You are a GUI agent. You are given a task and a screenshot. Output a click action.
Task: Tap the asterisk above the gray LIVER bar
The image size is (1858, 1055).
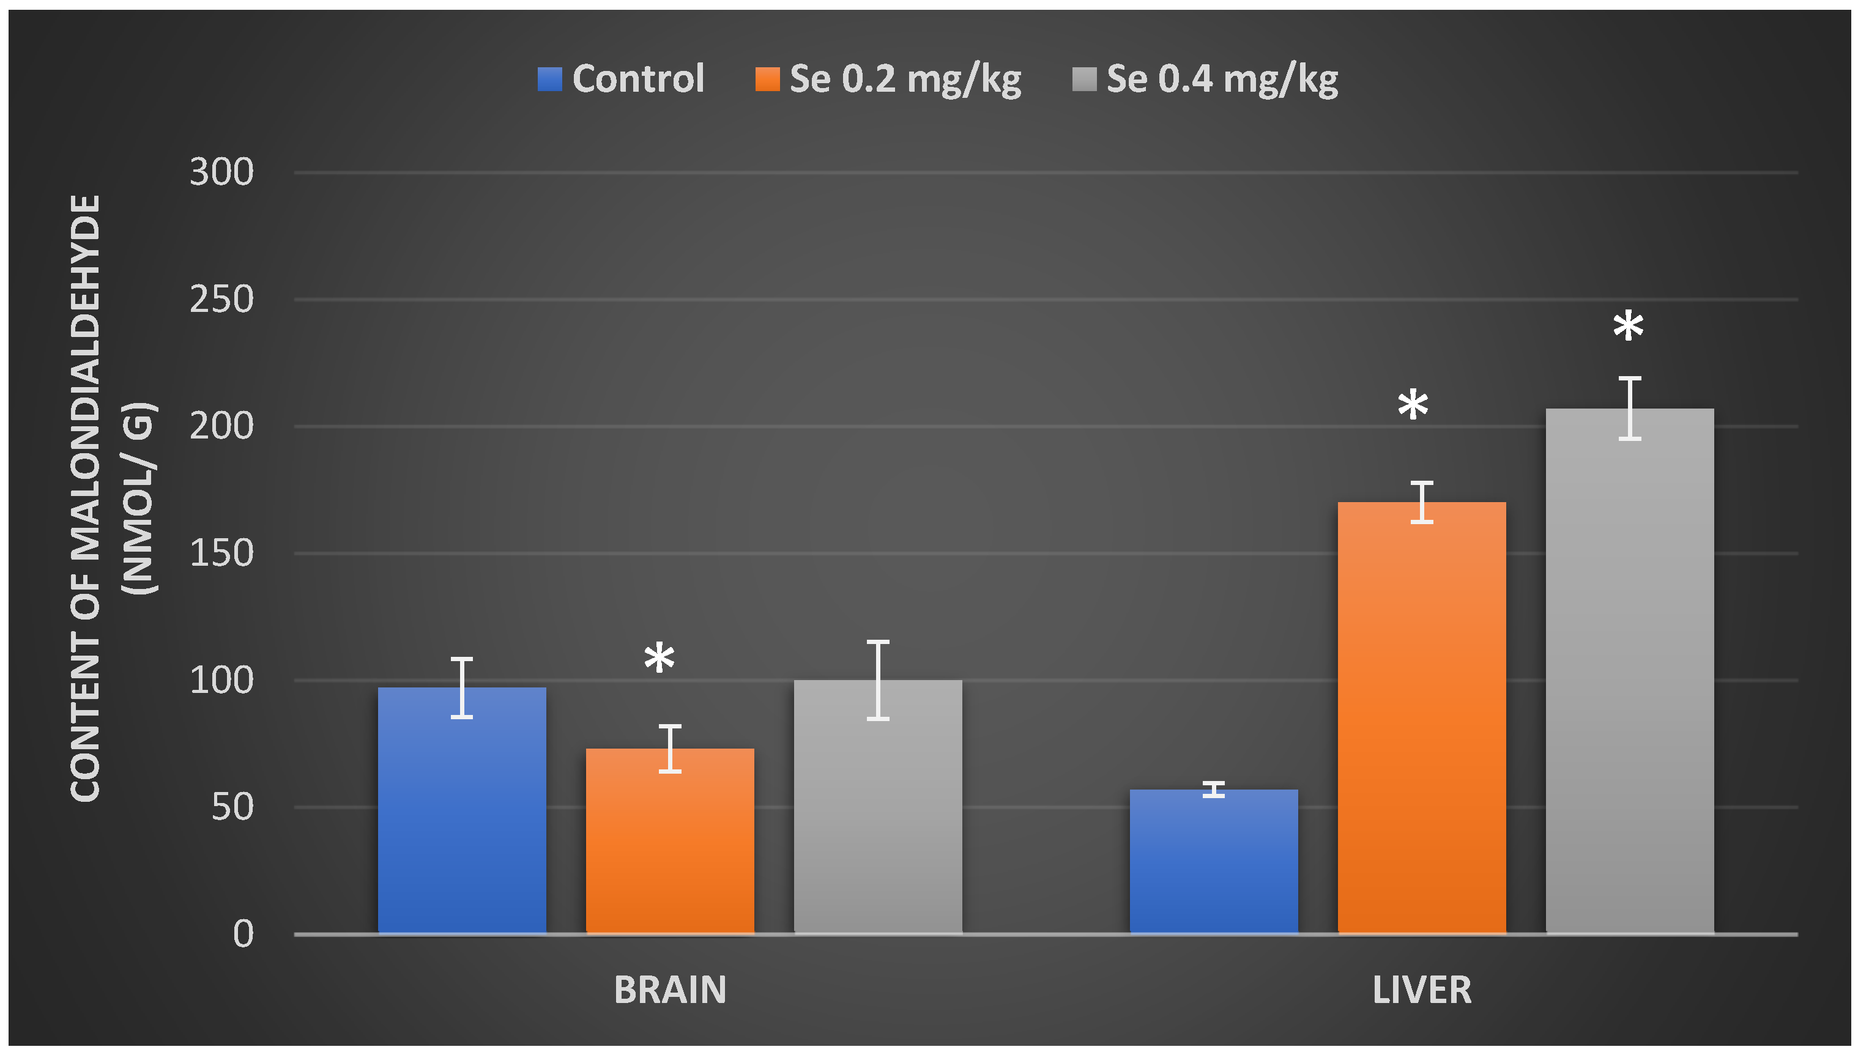1627,327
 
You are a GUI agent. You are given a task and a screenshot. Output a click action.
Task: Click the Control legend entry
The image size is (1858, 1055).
621,78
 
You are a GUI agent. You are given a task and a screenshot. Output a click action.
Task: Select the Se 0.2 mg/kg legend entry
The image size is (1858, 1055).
888,78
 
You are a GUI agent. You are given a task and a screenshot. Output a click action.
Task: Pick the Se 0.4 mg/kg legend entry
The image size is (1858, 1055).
1205,78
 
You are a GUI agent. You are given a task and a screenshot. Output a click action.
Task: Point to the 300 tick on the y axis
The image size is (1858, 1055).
221,172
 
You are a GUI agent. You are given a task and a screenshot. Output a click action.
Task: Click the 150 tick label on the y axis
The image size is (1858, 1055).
221,553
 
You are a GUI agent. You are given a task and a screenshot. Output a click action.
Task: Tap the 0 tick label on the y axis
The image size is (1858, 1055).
243,934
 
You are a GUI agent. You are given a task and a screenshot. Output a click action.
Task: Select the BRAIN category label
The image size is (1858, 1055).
669,990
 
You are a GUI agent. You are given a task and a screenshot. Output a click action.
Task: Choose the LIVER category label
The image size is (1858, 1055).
1421,990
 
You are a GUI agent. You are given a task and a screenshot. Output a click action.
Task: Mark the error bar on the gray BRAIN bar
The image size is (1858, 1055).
877,679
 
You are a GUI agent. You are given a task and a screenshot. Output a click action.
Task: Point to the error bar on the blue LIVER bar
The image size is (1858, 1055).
1213,790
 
